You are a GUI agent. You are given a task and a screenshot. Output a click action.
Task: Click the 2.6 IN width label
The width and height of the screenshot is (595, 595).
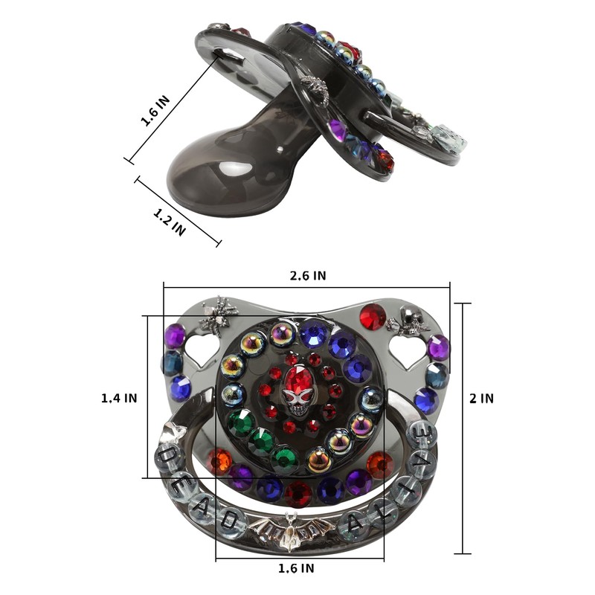click(308, 276)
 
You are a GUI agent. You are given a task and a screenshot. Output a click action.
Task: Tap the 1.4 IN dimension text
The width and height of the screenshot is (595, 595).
click(119, 398)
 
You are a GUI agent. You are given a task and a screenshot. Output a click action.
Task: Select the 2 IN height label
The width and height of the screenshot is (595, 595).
click(481, 399)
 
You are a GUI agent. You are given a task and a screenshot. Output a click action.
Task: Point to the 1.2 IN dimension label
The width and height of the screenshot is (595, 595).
click(170, 222)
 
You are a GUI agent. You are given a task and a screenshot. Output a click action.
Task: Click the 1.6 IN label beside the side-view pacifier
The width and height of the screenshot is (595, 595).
click(155, 111)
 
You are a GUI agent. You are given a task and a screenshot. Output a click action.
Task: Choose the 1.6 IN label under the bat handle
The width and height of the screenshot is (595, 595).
click(296, 568)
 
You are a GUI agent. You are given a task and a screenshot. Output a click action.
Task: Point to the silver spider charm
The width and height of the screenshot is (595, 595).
click(218, 316)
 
